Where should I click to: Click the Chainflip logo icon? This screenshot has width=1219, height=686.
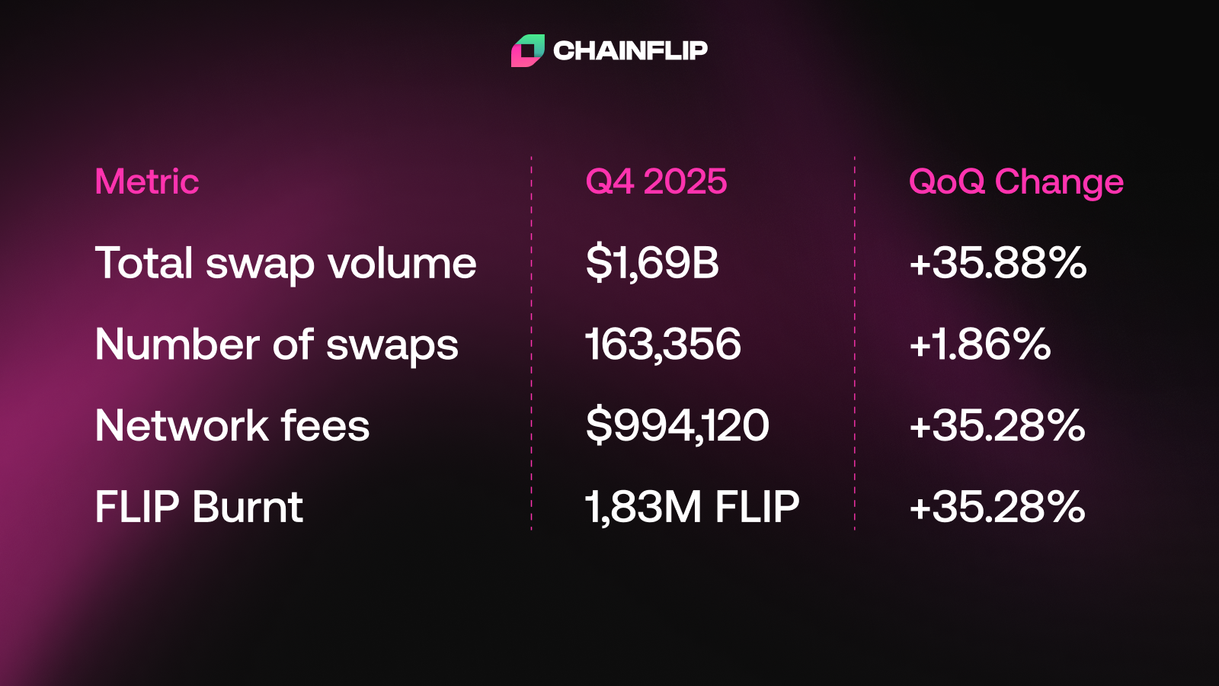[x=527, y=50]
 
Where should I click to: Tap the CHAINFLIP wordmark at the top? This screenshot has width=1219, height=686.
[x=630, y=50]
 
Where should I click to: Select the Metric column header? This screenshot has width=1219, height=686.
[x=147, y=181]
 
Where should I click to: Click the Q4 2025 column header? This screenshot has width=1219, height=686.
[x=656, y=181]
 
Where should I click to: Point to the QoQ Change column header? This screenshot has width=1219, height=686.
[x=1016, y=181]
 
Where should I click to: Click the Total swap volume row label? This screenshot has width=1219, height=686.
[x=286, y=264]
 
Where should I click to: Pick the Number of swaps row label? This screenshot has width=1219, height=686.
[x=277, y=345]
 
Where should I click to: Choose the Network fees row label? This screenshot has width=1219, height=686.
[x=232, y=425]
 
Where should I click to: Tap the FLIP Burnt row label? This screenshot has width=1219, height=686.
[x=199, y=507]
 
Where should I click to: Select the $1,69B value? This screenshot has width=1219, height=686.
[x=652, y=263]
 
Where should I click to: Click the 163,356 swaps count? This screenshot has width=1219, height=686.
[x=663, y=345]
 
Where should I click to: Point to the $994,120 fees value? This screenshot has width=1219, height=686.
[x=677, y=425]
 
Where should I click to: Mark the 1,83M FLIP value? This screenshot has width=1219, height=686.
[x=692, y=507]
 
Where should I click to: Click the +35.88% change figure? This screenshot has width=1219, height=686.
[x=997, y=263]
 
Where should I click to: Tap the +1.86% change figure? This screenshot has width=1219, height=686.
[x=980, y=345]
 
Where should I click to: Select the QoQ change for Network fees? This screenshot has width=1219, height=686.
[x=997, y=425]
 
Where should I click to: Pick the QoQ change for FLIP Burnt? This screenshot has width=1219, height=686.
[x=997, y=507]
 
